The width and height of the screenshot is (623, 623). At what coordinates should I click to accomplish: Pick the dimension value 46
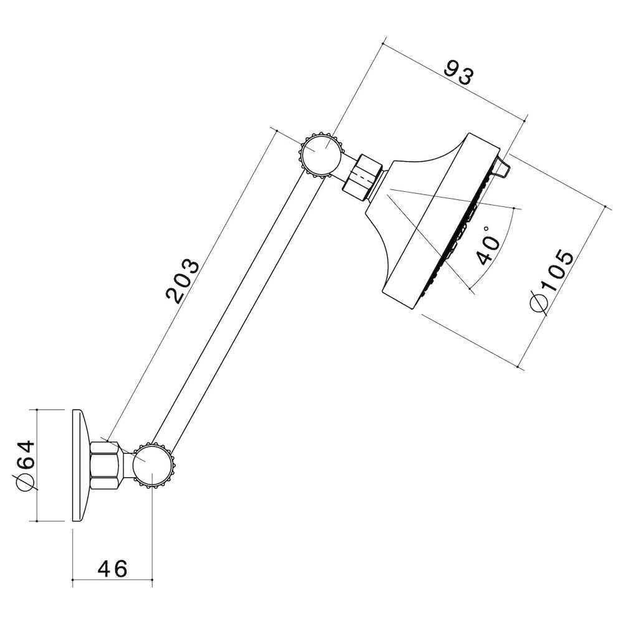point(113,568)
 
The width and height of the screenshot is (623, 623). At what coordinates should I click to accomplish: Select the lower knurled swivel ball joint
point(153,465)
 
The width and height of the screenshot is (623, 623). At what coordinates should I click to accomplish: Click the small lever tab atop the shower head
point(503,166)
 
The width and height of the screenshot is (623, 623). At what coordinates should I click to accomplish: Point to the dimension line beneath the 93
point(455,80)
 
